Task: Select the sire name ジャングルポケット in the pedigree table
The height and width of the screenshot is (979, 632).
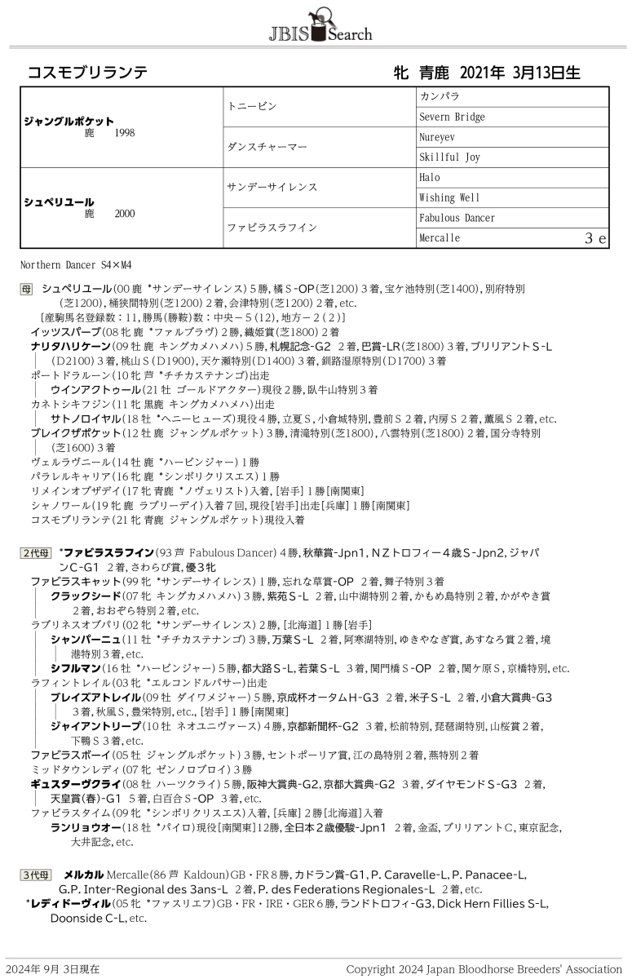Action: (x=69, y=121)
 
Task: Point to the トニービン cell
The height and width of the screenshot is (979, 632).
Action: (x=252, y=107)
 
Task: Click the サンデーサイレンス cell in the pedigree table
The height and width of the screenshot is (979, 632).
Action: (x=272, y=188)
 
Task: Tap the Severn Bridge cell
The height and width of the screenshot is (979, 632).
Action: (x=452, y=117)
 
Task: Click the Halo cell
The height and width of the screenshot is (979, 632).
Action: (x=430, y=178)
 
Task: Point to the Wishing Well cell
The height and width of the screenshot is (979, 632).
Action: (x=449, y=197)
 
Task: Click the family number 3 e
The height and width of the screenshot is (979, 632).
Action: (x=595, y=238)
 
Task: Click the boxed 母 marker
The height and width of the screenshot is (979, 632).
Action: (x=26, y=289)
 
